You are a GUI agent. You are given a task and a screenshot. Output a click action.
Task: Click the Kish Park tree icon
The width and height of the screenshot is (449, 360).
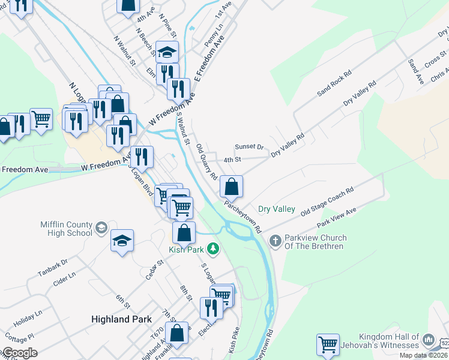(212, 248)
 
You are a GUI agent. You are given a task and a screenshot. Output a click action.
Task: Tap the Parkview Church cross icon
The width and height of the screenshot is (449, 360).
(276, 241)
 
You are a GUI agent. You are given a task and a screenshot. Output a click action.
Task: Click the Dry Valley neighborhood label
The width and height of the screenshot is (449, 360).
(276, 209)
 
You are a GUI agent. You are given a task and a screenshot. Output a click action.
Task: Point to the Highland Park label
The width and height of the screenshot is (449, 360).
(119, 319)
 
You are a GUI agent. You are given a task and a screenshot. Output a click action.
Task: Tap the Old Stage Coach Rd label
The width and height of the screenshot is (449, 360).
(327, 201)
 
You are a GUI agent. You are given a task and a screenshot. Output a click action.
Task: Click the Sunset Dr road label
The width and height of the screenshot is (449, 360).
(249, 146)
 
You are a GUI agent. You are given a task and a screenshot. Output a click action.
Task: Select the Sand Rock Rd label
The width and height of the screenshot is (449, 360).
(334, 82)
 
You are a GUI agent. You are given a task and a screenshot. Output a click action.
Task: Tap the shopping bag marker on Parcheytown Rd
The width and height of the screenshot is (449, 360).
(231, 187)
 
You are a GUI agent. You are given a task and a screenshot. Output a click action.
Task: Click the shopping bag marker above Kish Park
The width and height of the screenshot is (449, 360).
(184, 233)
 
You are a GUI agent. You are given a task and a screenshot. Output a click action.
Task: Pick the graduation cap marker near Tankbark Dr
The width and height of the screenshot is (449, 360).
(122, 241)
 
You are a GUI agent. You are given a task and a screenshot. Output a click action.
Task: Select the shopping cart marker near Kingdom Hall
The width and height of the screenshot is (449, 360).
(328, 345)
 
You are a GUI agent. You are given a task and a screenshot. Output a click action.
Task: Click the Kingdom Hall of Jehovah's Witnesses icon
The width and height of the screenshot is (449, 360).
(429, 340)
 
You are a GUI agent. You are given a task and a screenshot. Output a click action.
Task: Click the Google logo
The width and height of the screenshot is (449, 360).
(19, 353)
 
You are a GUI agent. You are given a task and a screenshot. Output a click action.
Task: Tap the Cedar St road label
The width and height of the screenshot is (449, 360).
(155, 269)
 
